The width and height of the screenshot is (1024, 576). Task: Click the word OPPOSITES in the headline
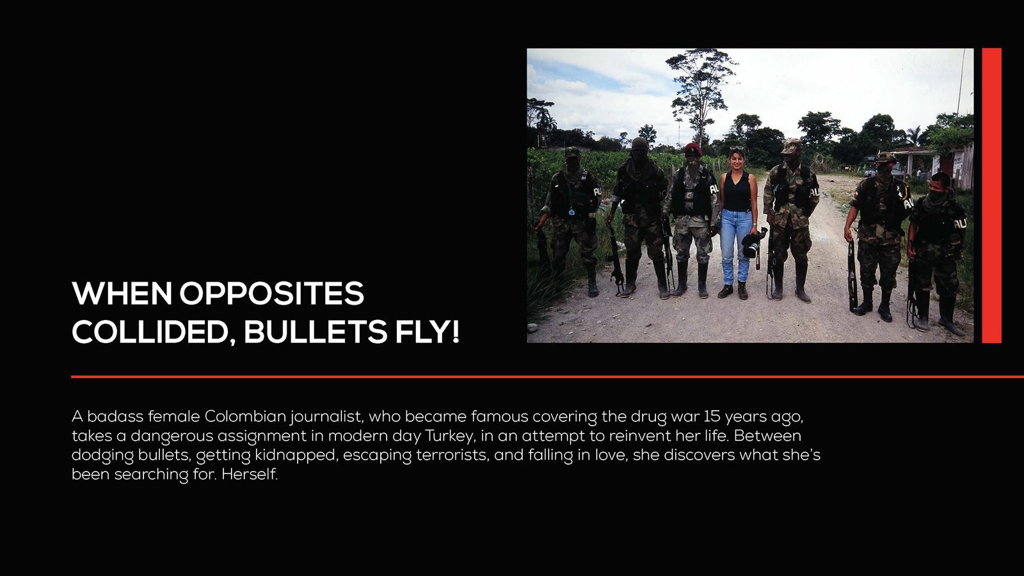272,294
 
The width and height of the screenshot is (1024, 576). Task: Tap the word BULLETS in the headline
316,332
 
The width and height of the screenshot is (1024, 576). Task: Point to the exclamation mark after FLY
454,332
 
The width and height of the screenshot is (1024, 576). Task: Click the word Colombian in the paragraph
245,417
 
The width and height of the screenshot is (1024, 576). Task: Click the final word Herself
250,474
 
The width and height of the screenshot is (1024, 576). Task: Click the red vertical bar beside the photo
991,196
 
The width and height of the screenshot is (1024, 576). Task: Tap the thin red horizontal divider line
548,377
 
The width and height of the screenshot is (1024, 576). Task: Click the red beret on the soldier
692,148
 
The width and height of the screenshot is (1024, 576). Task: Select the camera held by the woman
753,244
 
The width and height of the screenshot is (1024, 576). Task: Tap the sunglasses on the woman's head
737,148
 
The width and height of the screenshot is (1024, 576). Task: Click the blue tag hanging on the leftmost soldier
572,212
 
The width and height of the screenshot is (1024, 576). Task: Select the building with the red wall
956,166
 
